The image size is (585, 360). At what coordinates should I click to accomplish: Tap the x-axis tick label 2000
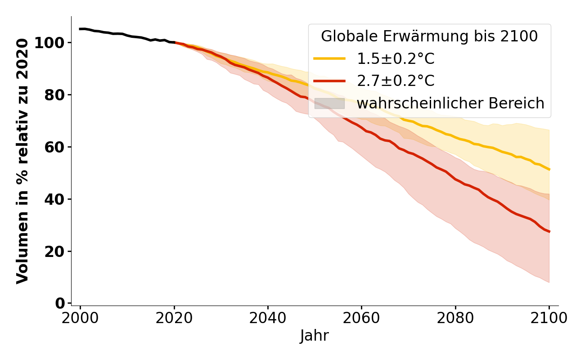pyautogui.click(x=81, y=318)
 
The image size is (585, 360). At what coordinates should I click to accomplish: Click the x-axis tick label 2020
pyautogui.click(x=174, y=318)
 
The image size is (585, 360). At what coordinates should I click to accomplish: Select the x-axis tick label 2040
pyautogui.click(x=268, y=318)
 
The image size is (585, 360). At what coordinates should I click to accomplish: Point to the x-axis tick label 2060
pyautogui.click(x=361, y=318)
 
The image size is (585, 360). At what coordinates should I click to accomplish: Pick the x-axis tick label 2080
pyautogui.click(x=455, y=318)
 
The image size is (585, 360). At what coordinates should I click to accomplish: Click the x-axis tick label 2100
pyautogui.click(x=549, y=318)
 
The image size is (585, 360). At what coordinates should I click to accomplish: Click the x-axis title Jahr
pyautogui.click(x=315, y=336)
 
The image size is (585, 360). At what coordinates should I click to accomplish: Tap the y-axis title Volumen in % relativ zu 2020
pyautogui.click(x=22, y=161)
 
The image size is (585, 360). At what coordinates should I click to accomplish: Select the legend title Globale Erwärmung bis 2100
pyautogui.click(x=429, y=36)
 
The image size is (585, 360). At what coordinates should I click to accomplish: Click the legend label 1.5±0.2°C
pyautogui.click(x=396, y=59)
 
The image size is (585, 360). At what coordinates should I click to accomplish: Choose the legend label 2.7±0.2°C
pyautogui.click(x=396, y=81)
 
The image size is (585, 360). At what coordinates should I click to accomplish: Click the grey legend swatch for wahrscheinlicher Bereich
pyautogui.click(x=329, y=103)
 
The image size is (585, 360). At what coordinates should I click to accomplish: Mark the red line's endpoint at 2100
pyautogui.click(x=549, y=231)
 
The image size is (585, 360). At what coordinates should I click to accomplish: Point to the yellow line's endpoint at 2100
pyautogui.click(x=549, y=169)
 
